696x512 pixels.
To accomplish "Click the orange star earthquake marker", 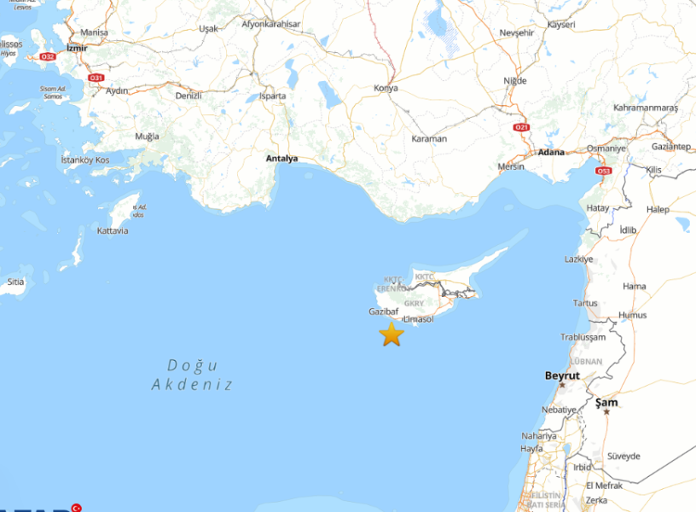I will coord(391,335).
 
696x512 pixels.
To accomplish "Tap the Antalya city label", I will coord(281,159).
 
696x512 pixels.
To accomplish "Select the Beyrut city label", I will coord(562,375).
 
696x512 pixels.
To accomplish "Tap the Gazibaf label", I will coord(384,311).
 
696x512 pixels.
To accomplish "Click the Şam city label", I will coord(607,403).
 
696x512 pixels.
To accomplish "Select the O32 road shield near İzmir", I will coord(48,57).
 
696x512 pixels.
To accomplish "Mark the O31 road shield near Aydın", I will coord(96,78).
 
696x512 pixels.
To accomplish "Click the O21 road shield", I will coord(522,127).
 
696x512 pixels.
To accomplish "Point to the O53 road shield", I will coord(604,171).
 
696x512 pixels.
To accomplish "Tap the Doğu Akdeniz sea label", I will coord(193,375).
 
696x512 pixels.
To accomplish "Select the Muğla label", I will coord(147,137).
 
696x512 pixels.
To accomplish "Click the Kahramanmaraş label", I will coord(645,108).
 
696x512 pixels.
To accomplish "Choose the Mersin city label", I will coord(510,166).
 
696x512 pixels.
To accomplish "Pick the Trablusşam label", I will coord(583,336).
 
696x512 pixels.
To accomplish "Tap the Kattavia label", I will coord(113,230).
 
